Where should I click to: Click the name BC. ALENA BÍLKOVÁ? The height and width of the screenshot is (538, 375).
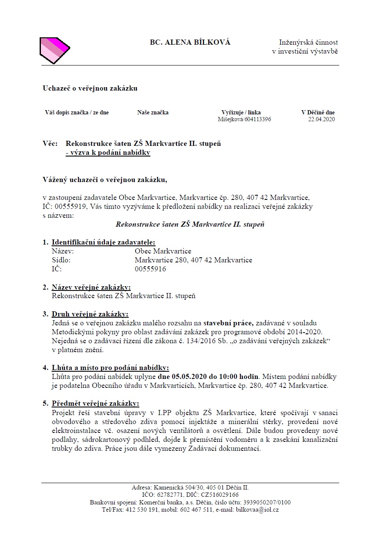[190, 42]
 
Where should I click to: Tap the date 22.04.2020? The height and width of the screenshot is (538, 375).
[322, 120]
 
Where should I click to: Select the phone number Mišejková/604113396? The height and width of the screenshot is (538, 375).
[244, 120]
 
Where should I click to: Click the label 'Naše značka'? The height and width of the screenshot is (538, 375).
[153, 112]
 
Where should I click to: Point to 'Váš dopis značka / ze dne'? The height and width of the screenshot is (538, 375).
[77, 112]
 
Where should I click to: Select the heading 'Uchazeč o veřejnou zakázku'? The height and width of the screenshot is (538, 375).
[90, 88]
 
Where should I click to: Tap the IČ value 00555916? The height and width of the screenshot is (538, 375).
[150, 269]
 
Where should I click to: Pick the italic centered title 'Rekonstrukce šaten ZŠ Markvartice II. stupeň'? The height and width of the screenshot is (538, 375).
[190, 224]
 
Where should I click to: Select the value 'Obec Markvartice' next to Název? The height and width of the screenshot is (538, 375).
[163, 251]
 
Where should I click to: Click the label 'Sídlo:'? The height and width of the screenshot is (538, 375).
[61, 260]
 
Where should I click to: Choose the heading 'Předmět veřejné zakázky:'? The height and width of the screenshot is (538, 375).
[95, 403]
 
